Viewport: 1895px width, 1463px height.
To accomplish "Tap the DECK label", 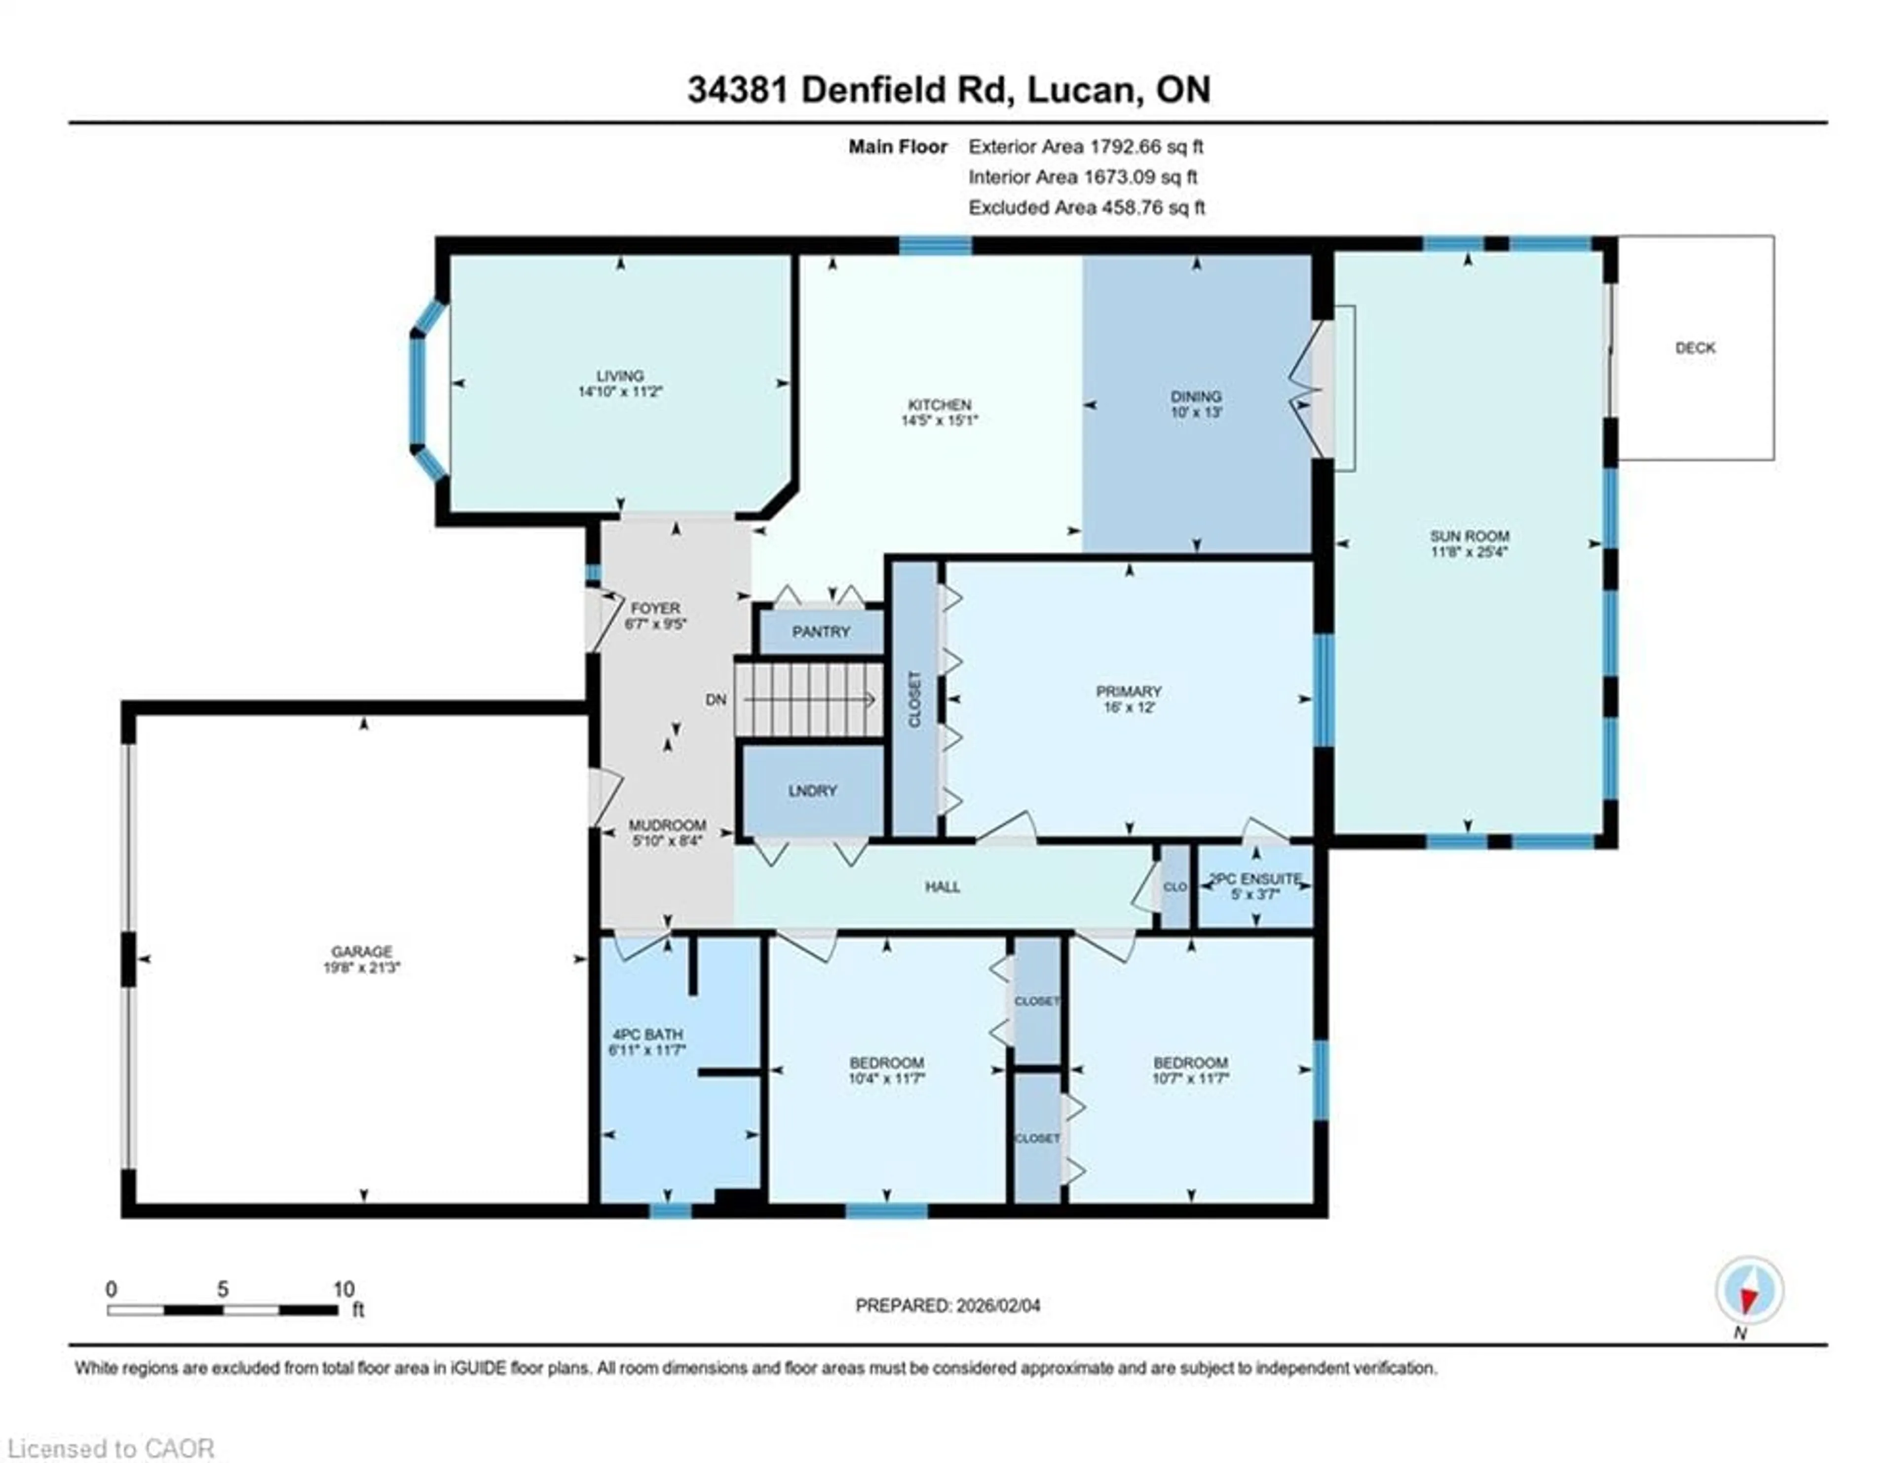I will coord(1695,348).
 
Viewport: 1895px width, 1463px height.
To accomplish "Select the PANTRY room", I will coord(821,632).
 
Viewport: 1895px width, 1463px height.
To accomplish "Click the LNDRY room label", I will coord(812,791).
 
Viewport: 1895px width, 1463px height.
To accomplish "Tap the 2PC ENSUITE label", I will coord(1255,879).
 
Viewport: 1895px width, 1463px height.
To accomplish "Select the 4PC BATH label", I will coord(647,1035).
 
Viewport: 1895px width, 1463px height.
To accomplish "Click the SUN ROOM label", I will coord(1469,536).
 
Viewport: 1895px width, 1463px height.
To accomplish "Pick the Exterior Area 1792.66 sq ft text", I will coord(1086,147).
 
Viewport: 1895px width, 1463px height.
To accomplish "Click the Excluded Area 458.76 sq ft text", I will coord(1086,207).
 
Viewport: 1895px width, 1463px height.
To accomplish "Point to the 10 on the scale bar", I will coord(343,1289).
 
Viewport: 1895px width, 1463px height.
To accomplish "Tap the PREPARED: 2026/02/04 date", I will coord(947,1305).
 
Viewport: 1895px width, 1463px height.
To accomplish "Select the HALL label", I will coord(942,887).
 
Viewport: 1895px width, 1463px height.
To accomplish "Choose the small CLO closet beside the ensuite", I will coord(1175,887).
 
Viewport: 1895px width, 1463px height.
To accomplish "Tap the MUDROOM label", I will coord(666,825).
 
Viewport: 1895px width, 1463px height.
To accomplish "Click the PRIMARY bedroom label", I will coord(1128,692).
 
